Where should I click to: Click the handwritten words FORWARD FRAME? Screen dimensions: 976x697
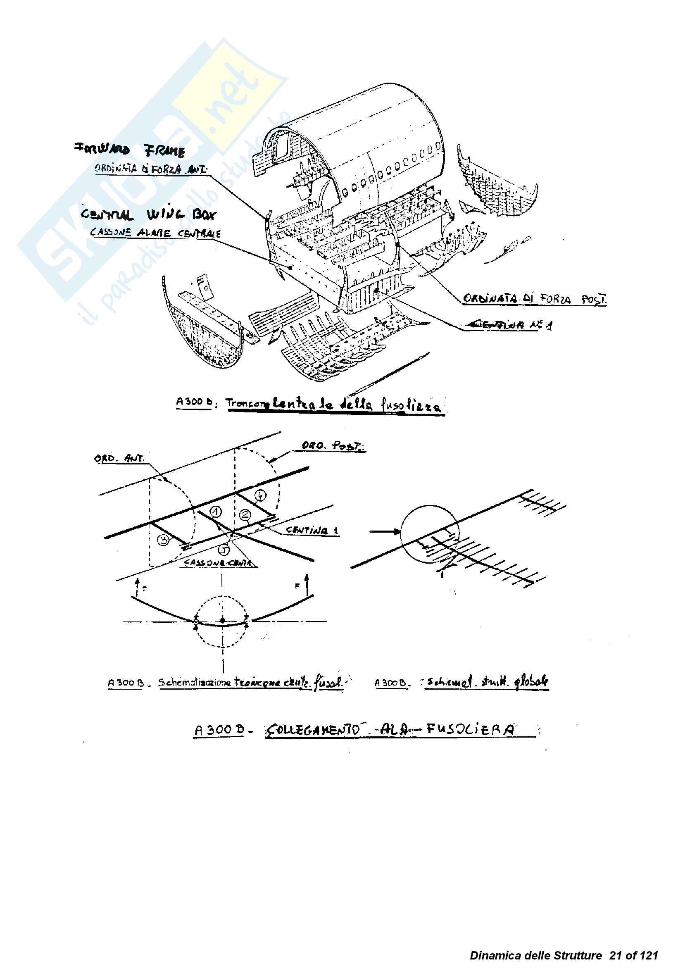coord(130,150)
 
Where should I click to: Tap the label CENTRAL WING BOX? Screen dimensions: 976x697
coord(148,214)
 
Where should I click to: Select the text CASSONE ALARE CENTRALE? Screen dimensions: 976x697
coord(155,233)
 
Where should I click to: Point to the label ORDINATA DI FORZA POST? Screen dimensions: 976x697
coord(534,299)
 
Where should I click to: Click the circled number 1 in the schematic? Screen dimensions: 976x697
coord(216,511)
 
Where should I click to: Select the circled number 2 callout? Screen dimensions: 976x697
coord(245,514)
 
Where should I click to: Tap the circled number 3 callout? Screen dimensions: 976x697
coord(164,540)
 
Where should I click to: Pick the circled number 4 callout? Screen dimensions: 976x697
coord(261,496)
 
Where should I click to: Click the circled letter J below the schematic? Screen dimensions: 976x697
coord(224,550)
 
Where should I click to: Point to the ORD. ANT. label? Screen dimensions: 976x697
coord(119,458)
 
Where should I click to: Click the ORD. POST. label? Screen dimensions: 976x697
coord(333,445)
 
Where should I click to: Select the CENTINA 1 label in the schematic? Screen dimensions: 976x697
coord(312,531)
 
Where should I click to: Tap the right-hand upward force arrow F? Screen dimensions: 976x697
coord(307,584)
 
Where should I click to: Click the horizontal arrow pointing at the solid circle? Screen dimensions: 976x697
coord(385,531)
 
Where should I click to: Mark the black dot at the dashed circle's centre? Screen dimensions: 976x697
coord(222,621)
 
